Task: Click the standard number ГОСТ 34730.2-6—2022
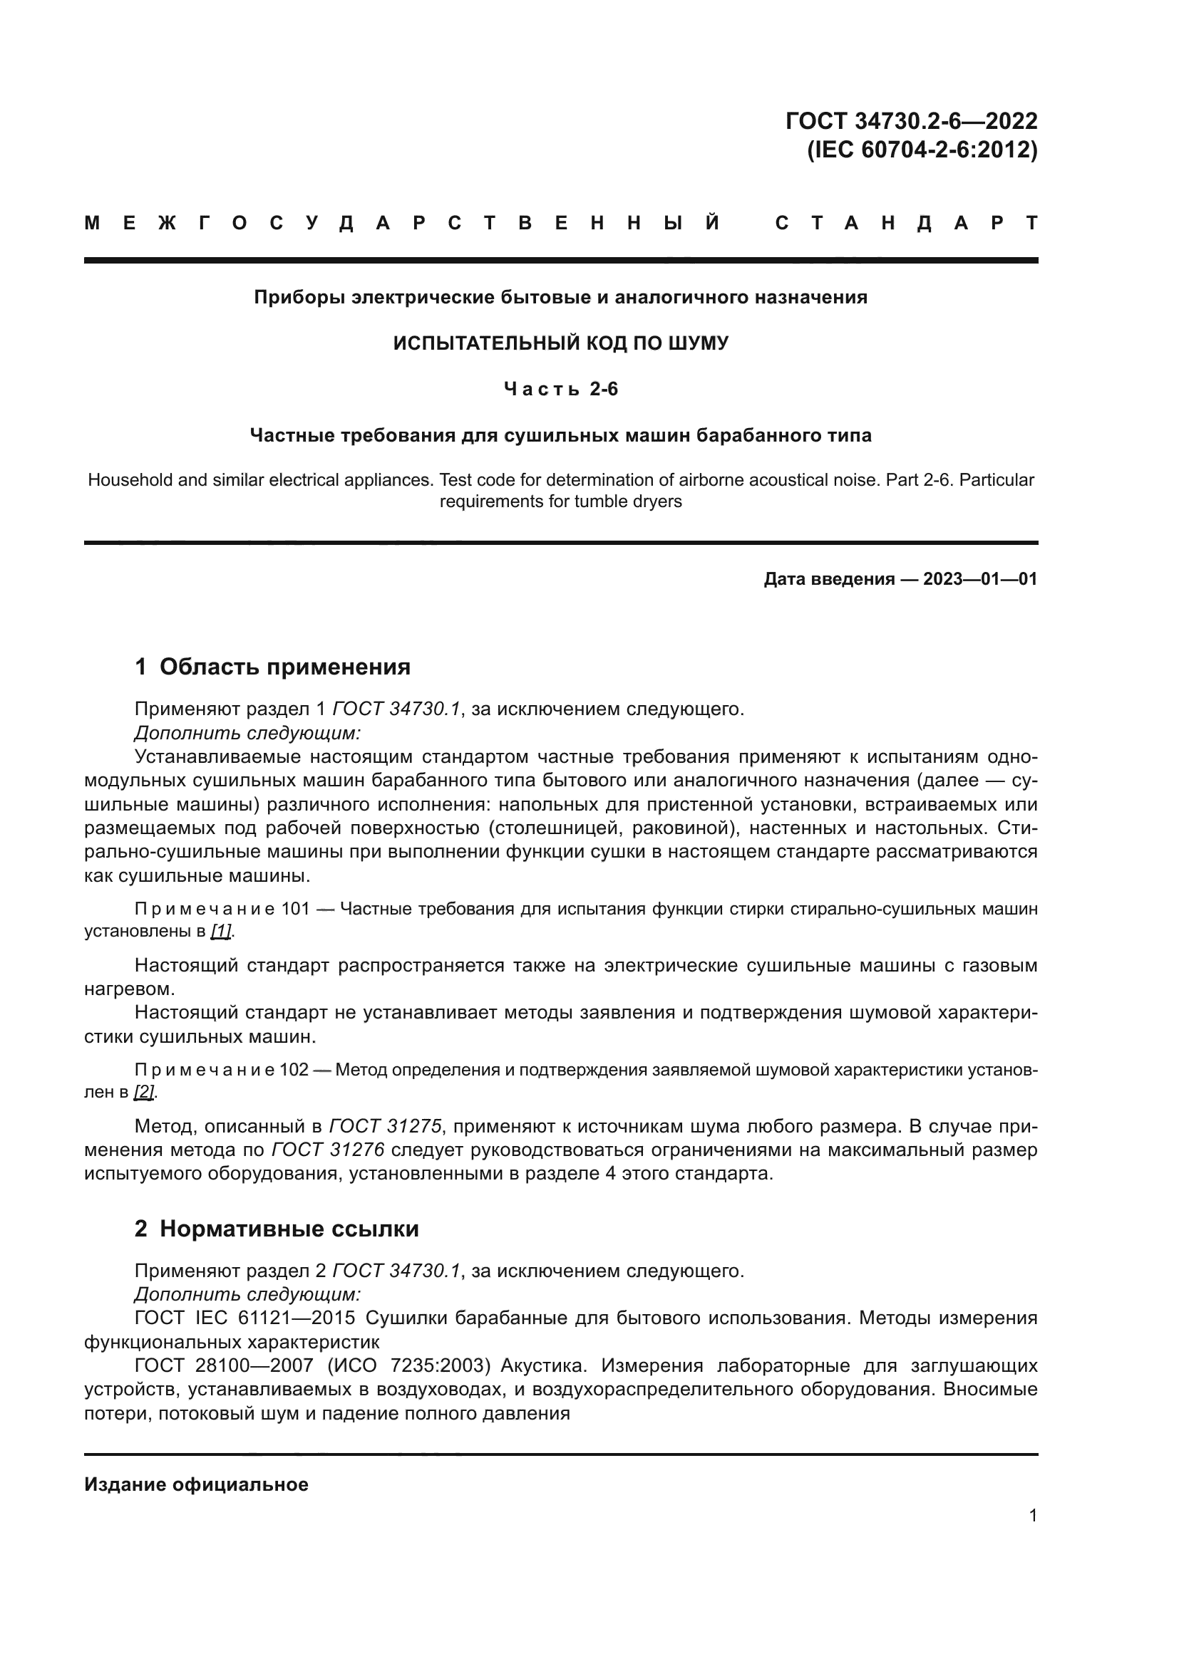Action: [911, 120]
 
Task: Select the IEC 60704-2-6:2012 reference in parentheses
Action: [922, 150]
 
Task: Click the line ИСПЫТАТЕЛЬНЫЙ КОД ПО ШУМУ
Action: [560, 343]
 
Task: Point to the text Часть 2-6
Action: [560, 390]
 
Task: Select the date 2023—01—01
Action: [979, 579]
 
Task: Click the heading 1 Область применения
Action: [273, 666]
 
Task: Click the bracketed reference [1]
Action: [221, 930]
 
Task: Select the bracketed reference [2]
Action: [144, 1091]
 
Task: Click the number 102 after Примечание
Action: [294, 1070]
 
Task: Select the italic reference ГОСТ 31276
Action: [328, 1150]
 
